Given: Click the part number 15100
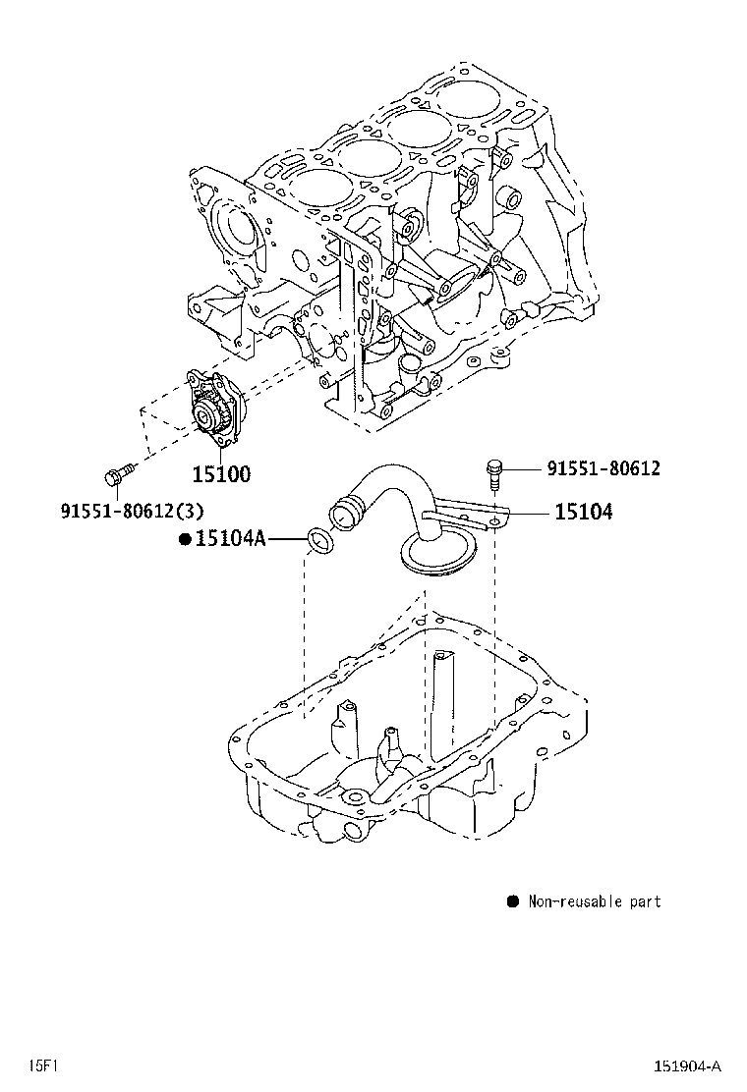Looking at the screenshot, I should [220, 474].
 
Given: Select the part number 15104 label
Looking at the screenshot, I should [583, 512].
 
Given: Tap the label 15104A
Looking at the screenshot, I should [230, 538].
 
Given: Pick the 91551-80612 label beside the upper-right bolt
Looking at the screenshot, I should [603, 468].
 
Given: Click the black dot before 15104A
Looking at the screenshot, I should [184, 538].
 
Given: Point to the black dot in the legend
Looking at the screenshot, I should [512, 901].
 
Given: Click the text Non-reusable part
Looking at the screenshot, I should [595, 901].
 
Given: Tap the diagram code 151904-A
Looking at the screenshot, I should [688, 1066].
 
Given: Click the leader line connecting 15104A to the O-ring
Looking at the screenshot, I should [286, 538].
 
